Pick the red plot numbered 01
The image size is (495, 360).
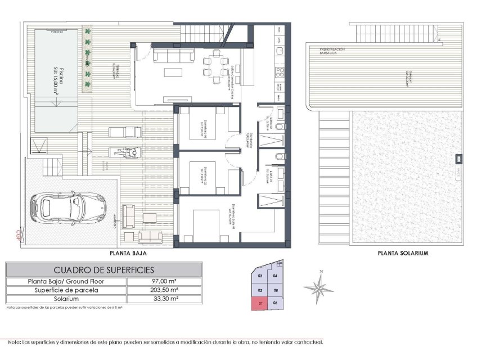[x=260, y=304]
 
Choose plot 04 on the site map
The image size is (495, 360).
[x=275, y=276]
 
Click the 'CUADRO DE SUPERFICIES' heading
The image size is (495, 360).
[x=103, y=270]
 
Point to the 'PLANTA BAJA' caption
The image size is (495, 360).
[x=133, y=254]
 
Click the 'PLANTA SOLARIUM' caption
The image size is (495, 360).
[x=403, y=254]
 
